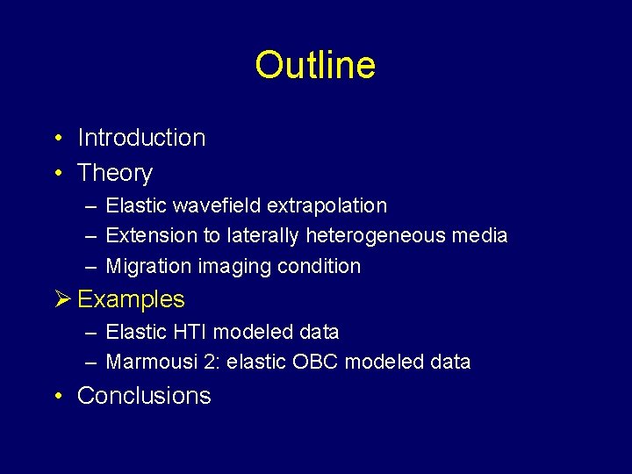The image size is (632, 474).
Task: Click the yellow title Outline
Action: (x=315, y=65)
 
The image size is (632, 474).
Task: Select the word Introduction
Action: (x=141, y=138)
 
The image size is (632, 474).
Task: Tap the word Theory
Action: (x=115, y=173)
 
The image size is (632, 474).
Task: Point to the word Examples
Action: (x=132, y=299)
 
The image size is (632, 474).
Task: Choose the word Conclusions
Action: (x=144, y=396)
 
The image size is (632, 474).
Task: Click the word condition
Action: (x=321, y=266)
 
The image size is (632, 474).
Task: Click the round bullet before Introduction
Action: (x=56, y=138)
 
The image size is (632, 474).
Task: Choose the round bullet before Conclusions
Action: (x=56, y=396)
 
